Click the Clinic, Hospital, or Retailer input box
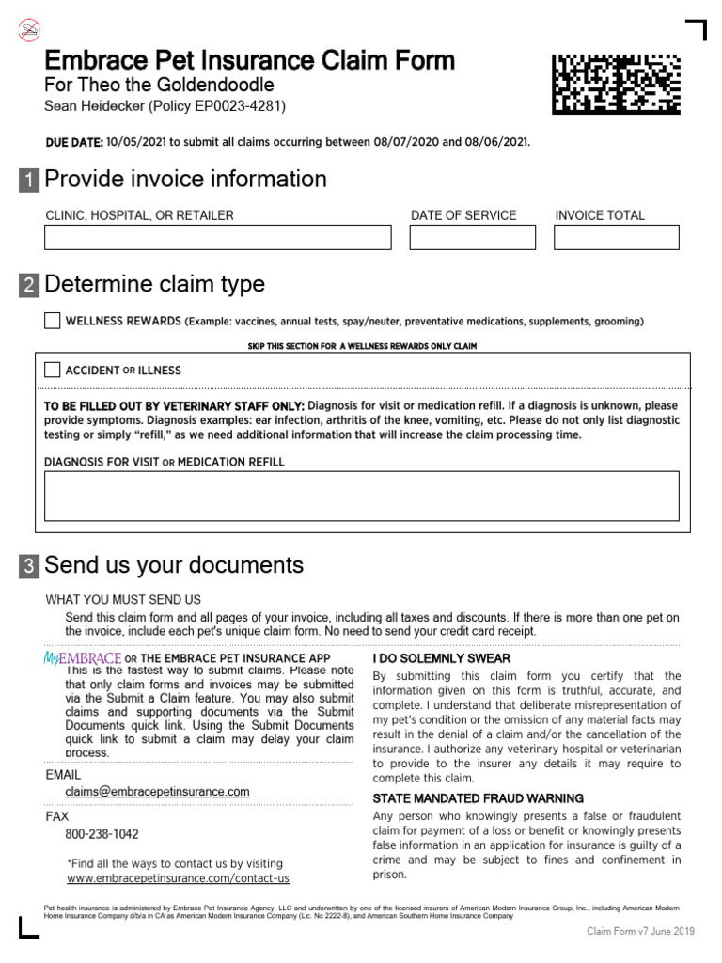click(x=217, y=237)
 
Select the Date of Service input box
click(x=472, y=237)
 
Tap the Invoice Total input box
click(x=616, y=237)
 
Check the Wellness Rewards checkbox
click(x=53, y=321)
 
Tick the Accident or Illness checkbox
click(x=53, y=370)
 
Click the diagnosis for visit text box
click(x=361, y=496)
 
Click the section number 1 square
click(x=29, y=181)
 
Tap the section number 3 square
click(x=29, y=566)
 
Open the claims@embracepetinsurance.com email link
click(x=157, y=792)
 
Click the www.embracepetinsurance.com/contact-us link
click(x=178, y=878)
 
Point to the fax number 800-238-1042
click(x=102, y=834)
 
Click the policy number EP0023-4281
click(x=236, y=106)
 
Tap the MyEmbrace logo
click(x=83, y=658)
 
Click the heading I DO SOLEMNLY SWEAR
click(x=441, y=658)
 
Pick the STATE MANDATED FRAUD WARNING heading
click(x=478, y=797)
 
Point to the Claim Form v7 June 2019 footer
click(x=640, y=931)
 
